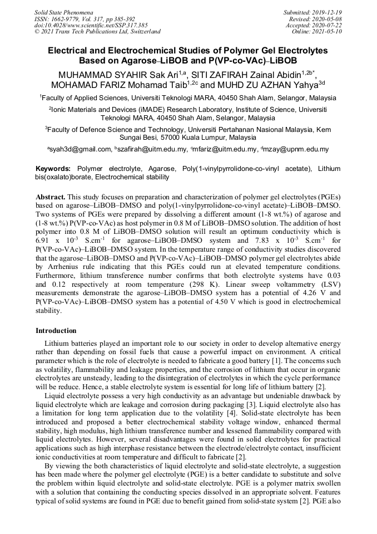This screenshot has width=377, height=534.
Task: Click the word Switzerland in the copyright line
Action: (x=146, y=32)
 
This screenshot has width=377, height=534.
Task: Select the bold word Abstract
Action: (x=51, y=198)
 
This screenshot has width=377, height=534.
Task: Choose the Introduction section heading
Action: (x=56, y=331)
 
